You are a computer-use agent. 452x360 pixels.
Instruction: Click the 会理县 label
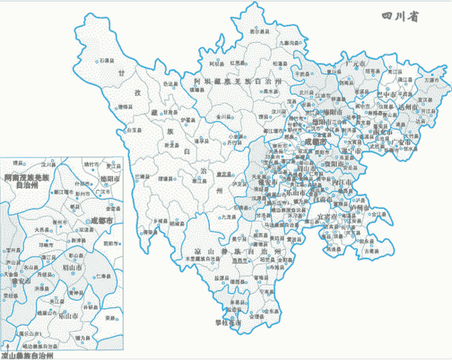point(255,317)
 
